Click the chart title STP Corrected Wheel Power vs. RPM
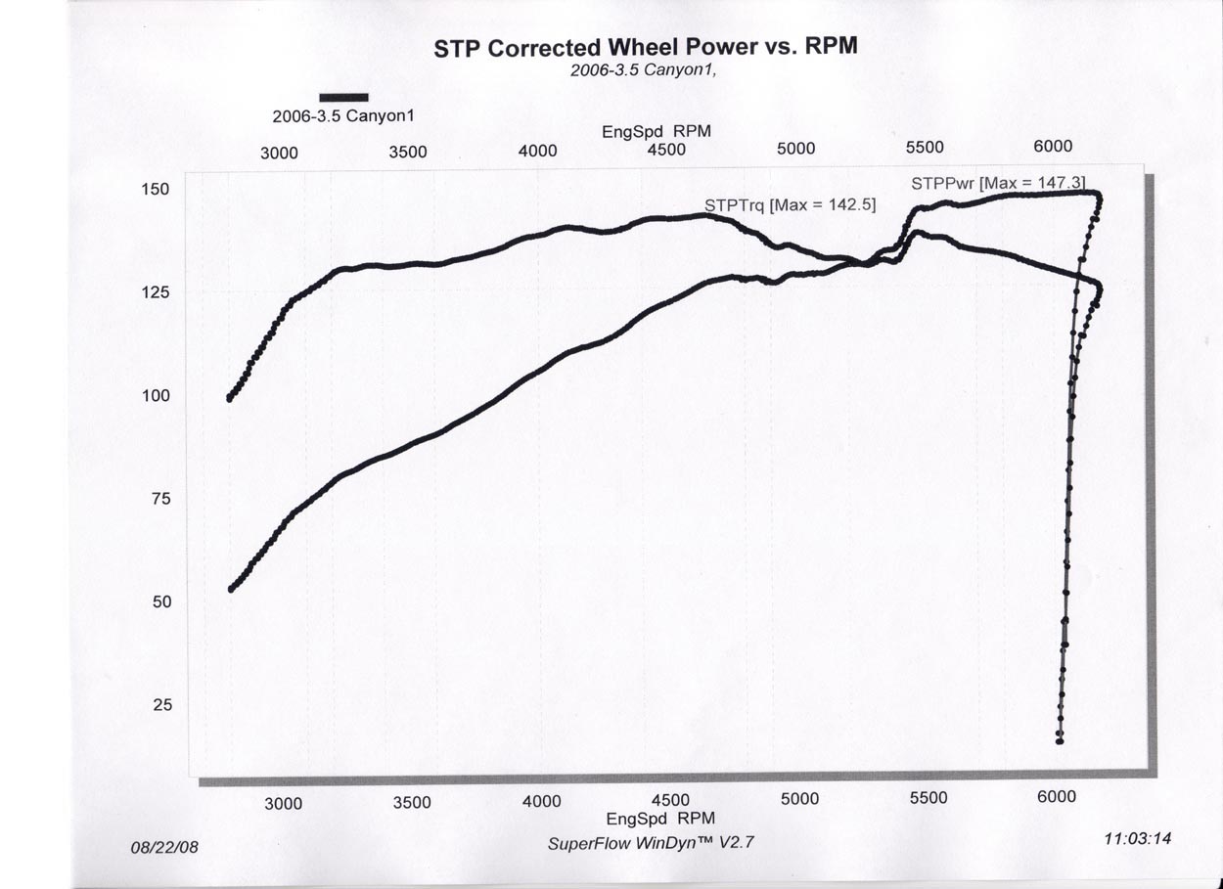point(646,48)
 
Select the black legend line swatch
point(343,97)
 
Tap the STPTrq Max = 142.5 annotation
point(790,205)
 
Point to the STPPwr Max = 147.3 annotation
point(997,183)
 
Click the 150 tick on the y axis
point(157,189)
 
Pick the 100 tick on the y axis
point(157,395)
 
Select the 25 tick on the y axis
point(161,704)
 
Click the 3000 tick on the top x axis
point(279,153)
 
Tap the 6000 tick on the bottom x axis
point(1057,796)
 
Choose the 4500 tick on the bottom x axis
point(670,801)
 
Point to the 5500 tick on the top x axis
point(924,148)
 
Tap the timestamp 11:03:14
point(1136,838)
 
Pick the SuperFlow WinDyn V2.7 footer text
point(651,842)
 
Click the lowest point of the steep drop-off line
point(1060,740)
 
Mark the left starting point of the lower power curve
point(230,589)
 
